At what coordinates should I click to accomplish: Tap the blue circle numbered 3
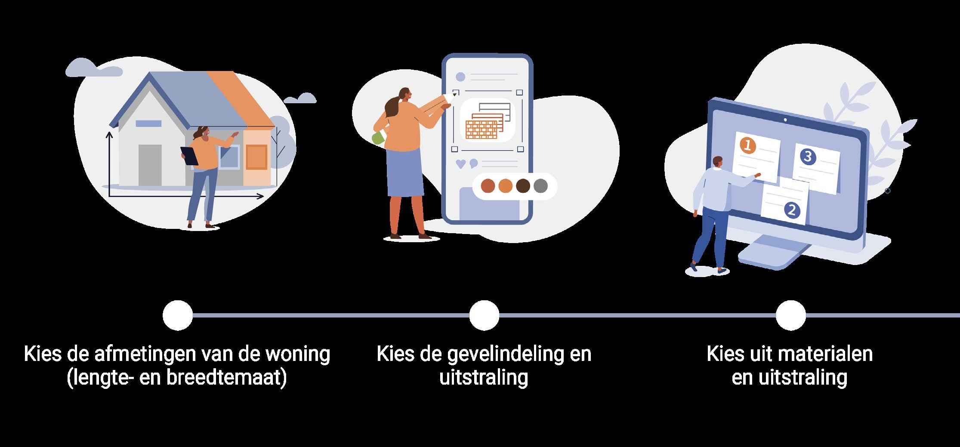(x=808, y=157)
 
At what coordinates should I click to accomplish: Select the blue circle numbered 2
(x=792, y=210)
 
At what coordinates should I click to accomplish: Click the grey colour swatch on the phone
(x=540, y=186)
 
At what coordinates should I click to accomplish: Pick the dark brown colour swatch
(x=523, y=186)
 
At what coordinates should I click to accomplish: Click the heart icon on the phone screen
(x=461, y=163)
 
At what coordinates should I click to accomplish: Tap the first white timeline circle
(x=178, y=315)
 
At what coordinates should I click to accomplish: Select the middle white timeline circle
(x=484, y=315)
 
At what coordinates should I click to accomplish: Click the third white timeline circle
(x=790, y=315)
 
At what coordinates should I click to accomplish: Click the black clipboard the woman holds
(x=189, y=155)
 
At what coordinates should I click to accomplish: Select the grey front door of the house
(x=150, y=165)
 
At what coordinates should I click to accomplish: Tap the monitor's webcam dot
(x=785, y=120)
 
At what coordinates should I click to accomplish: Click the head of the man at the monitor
(x=717, y=162)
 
